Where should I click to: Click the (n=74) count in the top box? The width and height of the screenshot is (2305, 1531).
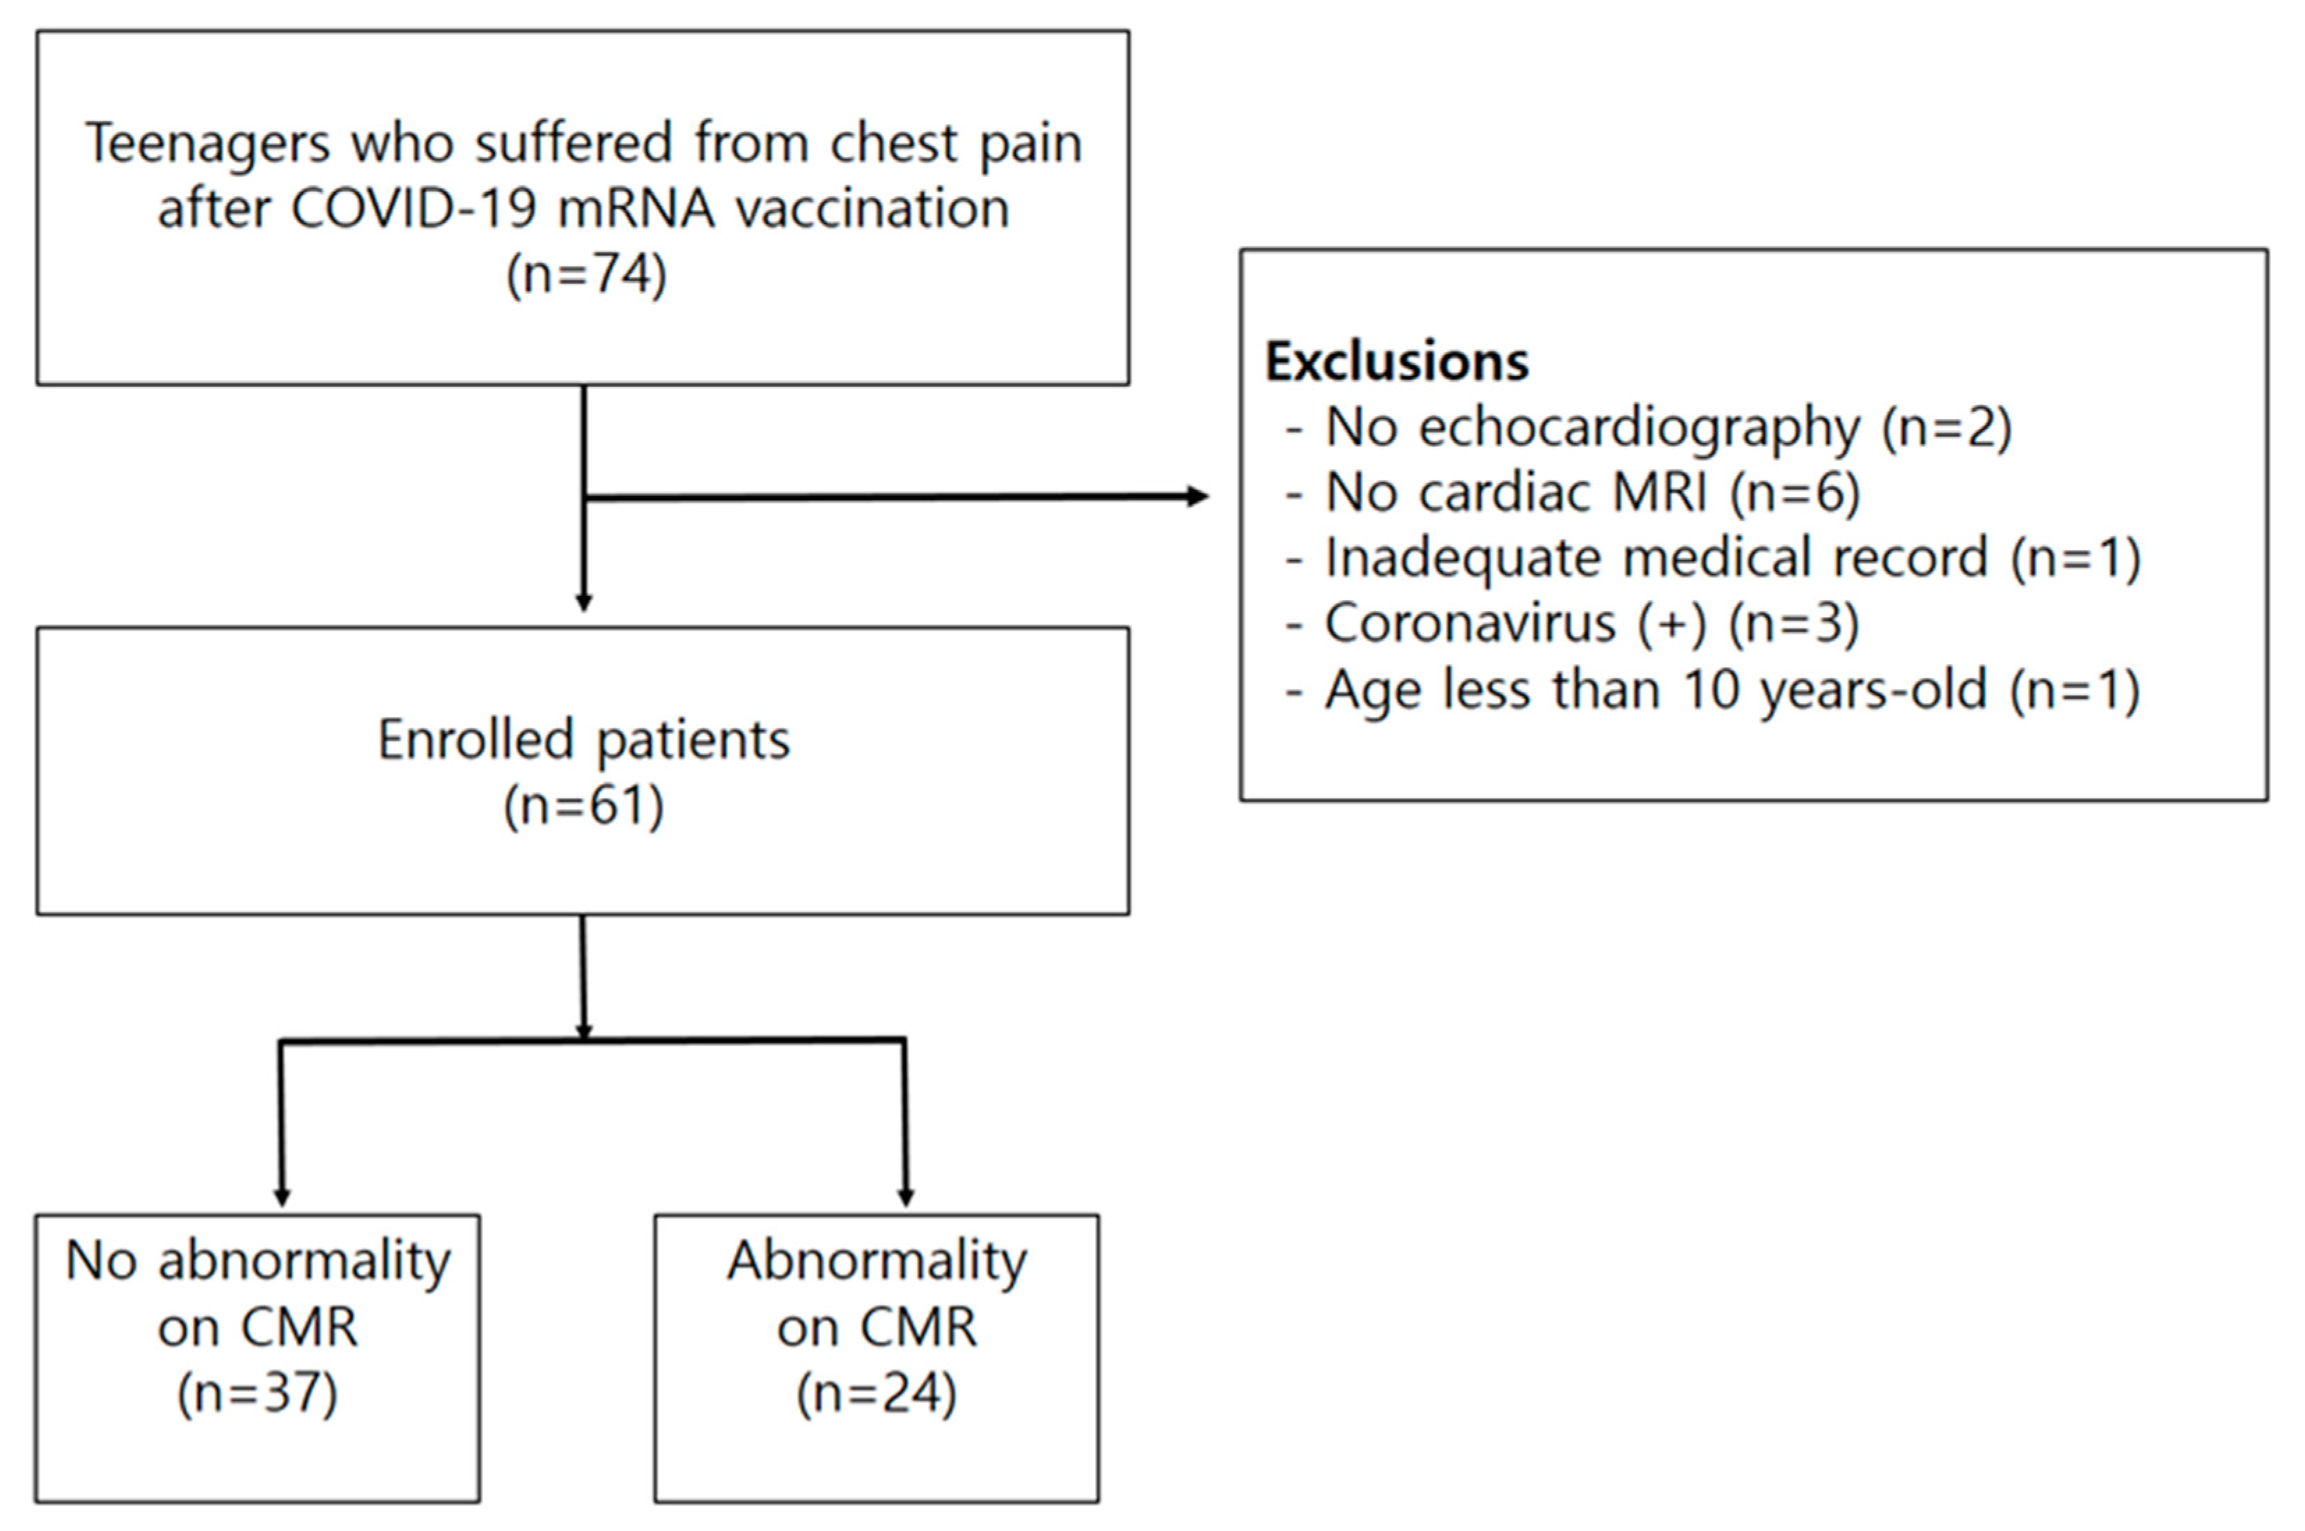(585, 274)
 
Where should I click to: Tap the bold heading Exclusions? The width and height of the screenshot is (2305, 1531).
(1396, 361)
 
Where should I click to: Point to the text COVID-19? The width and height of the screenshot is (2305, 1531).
(413, 209)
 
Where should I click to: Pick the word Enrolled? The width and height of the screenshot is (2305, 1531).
(475, 740)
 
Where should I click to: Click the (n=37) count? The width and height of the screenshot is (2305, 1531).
(258, 1392)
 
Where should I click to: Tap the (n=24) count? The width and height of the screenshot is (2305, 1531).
(876, 1392)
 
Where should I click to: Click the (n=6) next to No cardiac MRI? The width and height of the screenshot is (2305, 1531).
(1795, 492)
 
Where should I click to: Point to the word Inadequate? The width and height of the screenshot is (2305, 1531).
(1461, 558)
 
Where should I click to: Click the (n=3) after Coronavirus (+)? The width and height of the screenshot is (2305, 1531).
(1793, 623)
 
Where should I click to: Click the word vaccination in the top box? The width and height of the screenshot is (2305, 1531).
(872, 209)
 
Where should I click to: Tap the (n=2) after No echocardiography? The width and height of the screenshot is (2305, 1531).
(1946, 427)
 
